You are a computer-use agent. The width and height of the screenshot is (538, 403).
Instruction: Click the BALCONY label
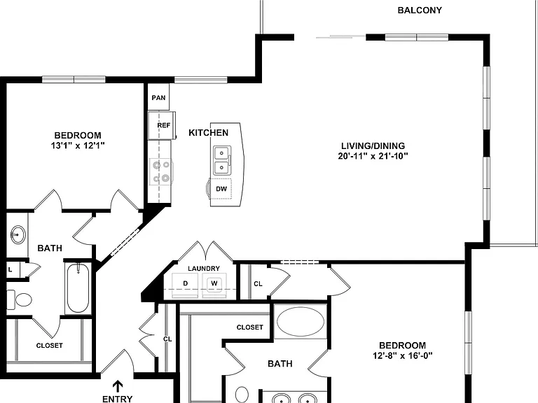[420, 10]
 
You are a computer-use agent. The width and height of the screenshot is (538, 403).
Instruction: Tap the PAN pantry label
[158, 98]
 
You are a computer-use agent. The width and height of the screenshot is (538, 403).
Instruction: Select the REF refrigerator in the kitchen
[162, 125]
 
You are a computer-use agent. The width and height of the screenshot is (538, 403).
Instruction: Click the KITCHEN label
[208, 133]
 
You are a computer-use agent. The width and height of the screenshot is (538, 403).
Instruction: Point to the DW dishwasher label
[221, 189]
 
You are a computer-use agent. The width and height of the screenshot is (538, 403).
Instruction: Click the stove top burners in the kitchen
[161, 171]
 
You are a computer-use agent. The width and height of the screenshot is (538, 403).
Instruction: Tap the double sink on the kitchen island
[222, 160]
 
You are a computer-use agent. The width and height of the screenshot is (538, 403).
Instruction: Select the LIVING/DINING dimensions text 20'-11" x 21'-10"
[373, 156]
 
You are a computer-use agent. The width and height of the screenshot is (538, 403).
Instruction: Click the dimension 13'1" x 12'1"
[78, 146]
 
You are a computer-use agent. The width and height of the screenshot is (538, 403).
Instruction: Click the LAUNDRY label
[204, 269]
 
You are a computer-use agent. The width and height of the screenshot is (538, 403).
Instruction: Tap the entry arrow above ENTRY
[118, 386]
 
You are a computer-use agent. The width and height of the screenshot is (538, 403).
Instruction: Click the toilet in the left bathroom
[20, 299]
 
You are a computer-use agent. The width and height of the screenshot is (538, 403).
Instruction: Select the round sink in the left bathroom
[18, 235]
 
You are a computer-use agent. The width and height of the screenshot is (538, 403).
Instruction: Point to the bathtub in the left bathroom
[78, 288]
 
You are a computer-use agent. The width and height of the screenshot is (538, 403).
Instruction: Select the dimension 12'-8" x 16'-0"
[403, 355]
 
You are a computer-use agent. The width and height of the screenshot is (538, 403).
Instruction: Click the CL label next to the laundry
[258, 284]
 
